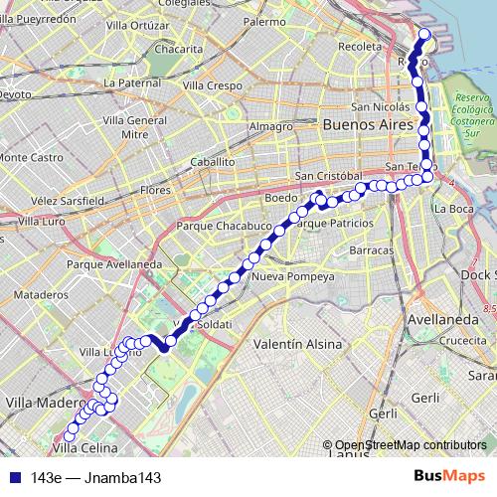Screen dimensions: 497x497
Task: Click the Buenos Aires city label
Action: pyautogui.click(x=364, y=126)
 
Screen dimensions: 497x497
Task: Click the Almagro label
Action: pyautogui.click(x=271, y=126)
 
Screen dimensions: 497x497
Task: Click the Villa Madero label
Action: pyautogui.click(x=40, y=403)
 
